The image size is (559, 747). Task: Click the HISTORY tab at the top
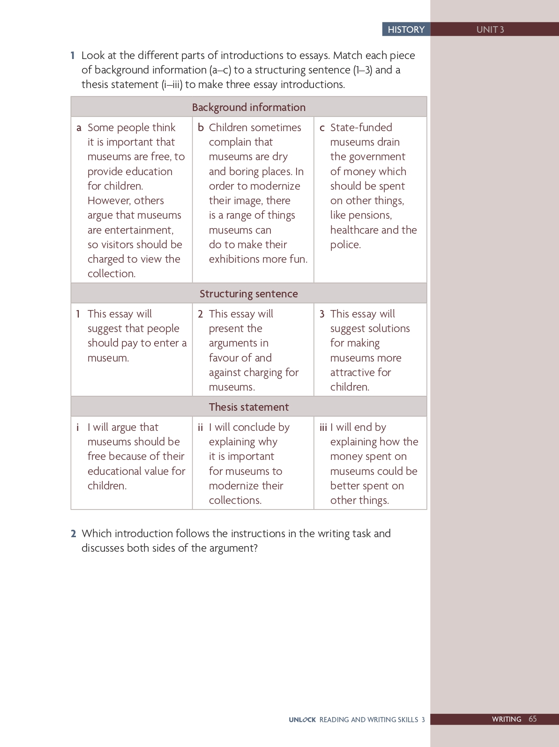406,30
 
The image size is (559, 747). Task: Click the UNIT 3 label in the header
490,30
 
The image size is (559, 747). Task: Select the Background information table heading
248,107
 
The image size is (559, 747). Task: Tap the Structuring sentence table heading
248,294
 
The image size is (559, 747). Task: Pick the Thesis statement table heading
248,407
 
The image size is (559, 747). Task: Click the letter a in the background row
79,128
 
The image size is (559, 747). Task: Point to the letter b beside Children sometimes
201,127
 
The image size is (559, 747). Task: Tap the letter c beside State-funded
322,128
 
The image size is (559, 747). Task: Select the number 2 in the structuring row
201,314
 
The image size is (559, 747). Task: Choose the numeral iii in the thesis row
323,427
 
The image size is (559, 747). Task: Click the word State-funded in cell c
361,127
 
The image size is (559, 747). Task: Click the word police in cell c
345,245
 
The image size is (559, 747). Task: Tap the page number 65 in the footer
532,719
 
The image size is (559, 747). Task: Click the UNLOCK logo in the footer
302,720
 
